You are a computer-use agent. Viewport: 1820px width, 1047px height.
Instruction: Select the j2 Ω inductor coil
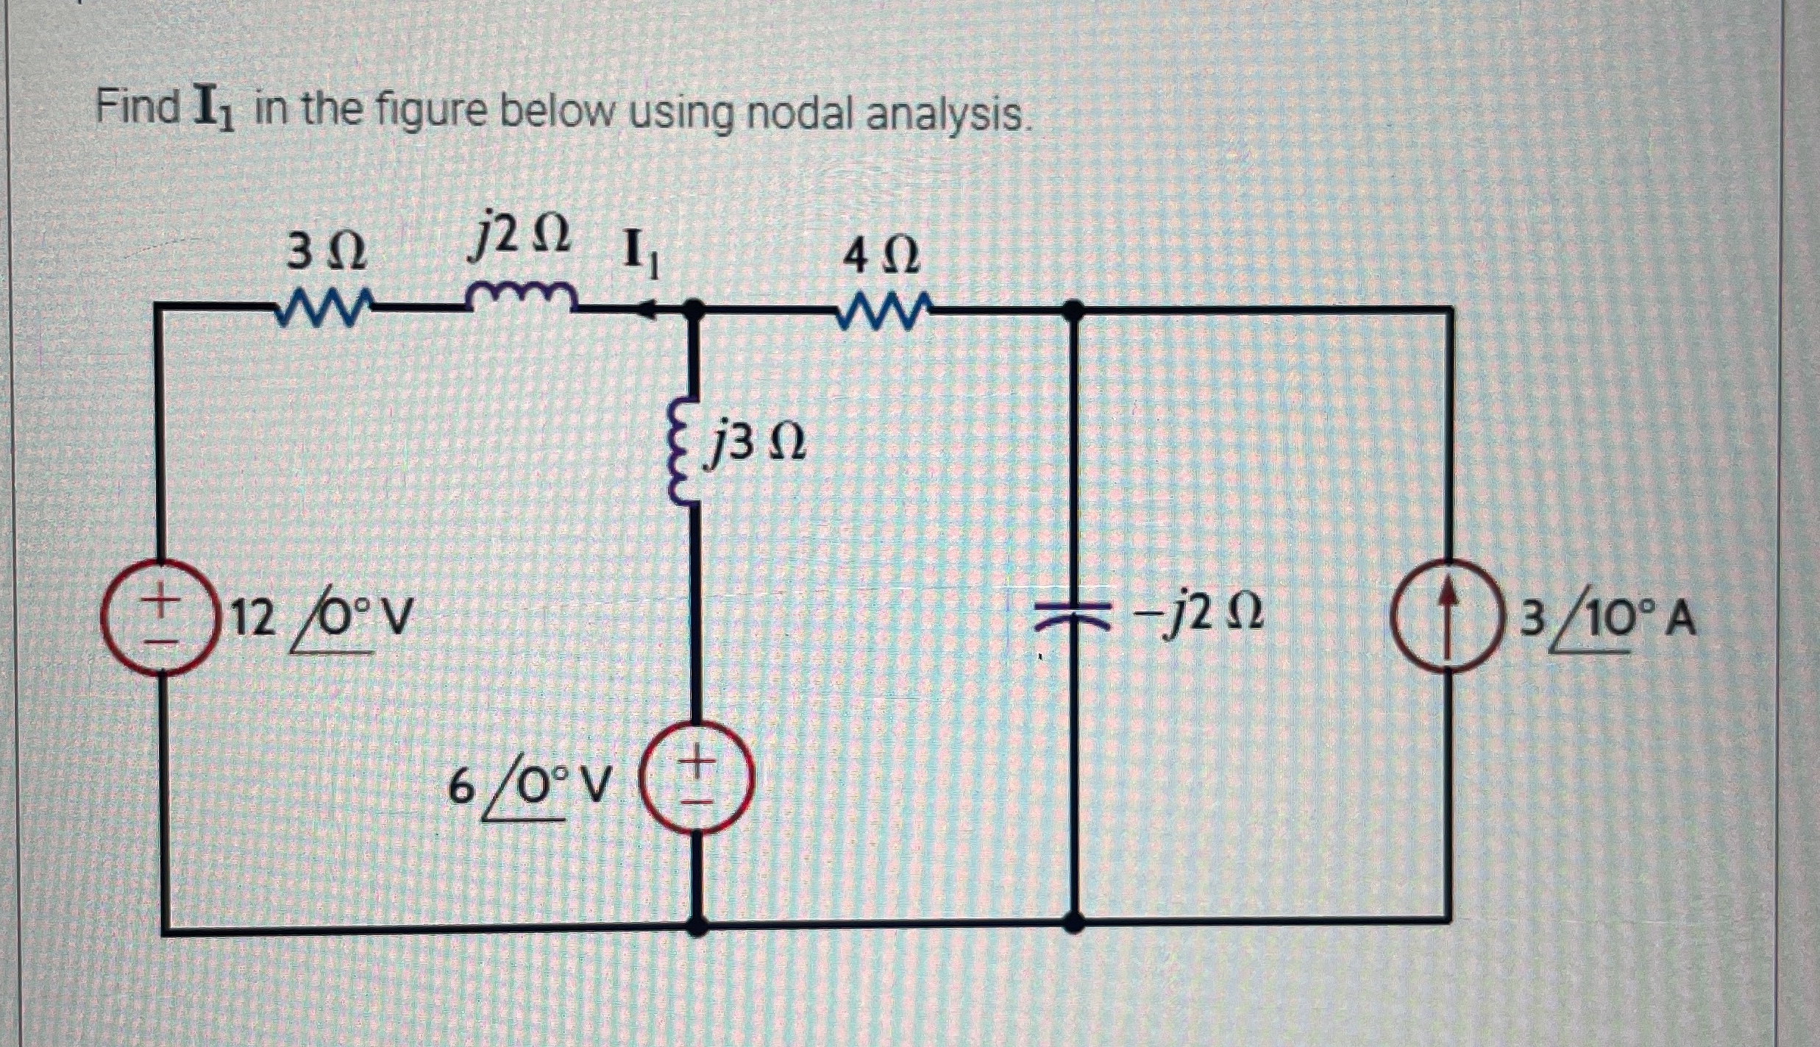pyautogui.click(x=522, y=296)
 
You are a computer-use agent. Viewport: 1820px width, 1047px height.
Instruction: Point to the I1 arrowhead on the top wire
pyautogui.click(x=647, y=310)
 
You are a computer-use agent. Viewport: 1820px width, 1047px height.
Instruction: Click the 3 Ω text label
pyautogui.click(x=324, y=252)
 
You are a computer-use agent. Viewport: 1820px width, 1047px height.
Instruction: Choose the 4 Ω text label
pyautogui.click(x=881, y=257)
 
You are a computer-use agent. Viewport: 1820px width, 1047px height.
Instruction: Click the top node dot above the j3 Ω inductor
pyautogui.click(x=692, y=309)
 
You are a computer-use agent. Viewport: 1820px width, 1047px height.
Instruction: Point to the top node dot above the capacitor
pyautogui.click(x=1073, y=310)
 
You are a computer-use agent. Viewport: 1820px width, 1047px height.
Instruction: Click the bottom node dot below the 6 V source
pyautogui.click(x=696, y=925)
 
